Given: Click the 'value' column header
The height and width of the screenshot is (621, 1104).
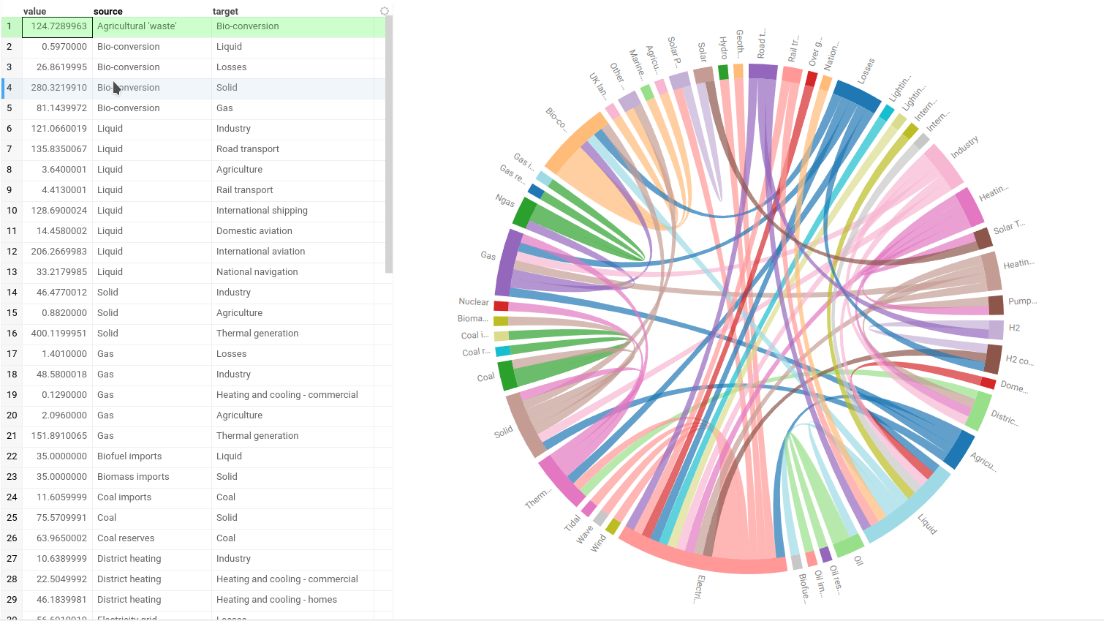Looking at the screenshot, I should tap(35, 11).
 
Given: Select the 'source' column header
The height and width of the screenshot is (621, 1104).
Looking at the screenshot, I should tap(108, 11).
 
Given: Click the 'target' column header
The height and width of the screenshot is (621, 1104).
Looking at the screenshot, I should tap(225, 11).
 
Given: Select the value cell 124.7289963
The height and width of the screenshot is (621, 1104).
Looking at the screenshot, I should tap(58, 26).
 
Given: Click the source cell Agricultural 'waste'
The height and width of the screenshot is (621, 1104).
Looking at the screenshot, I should tap(137, 26).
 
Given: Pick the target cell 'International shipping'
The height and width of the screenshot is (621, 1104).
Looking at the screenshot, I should tap(262, 211).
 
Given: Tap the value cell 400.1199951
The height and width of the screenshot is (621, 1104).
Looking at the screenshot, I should tap(58, 334).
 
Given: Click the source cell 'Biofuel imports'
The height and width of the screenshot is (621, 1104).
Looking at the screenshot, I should tap(129, 456).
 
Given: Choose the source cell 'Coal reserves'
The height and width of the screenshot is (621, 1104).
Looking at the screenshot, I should tap(126, 538).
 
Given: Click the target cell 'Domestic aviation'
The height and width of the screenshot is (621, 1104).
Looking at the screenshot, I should tap(254, 231).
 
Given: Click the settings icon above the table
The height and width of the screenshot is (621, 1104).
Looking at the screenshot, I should tap(385, 11).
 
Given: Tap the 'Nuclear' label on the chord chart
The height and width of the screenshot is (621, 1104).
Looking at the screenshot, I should tap(473, 301).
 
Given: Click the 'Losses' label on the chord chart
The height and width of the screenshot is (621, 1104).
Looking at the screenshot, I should tap(866, 71).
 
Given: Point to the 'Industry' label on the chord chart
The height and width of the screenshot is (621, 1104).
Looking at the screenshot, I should tap(964, 147).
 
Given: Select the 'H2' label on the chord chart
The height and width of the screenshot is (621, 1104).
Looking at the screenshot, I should tap(1014, 328).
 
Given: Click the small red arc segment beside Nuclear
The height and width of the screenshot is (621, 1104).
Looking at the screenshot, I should tap(501, 306).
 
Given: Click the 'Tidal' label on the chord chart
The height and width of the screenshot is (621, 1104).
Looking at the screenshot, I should tap(572, 522).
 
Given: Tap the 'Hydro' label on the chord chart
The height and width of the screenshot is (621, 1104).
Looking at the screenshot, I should tap(723, 48).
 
